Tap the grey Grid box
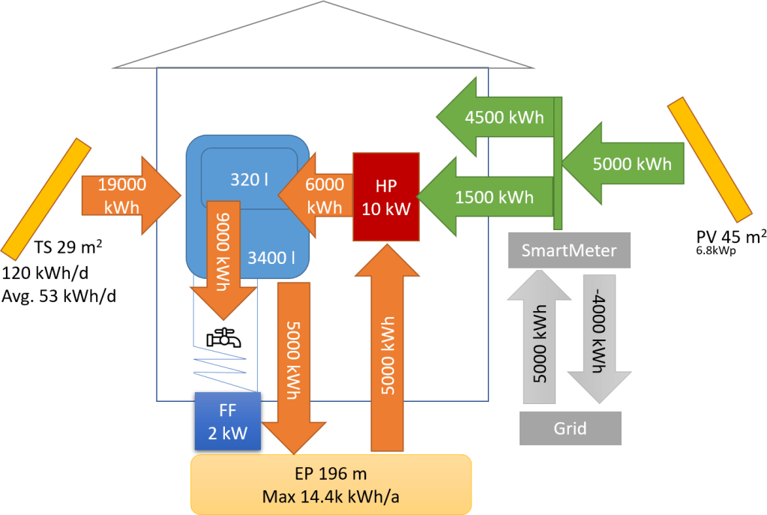tap(570, 429)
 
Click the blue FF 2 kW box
tap(228, 421)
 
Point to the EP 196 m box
tap(331, 484)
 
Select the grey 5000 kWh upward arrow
tap(540, 337)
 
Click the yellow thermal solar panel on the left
tap(46, 198)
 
